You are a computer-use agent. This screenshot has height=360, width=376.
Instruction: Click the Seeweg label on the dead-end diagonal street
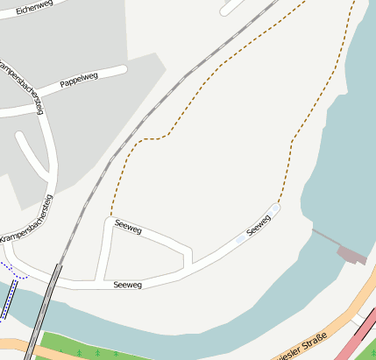[x=259, y=225]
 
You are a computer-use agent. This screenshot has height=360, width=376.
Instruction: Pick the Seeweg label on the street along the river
[x=128, y=284]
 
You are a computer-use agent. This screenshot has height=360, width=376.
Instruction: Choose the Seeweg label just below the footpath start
[x=128, y=228]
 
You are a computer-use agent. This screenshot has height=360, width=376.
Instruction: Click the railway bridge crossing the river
[x=46, y=307]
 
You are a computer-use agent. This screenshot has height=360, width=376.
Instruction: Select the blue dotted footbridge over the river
[x=8, y=298]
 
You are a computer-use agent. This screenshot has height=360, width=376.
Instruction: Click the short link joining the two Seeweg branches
[x=188, y=258]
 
